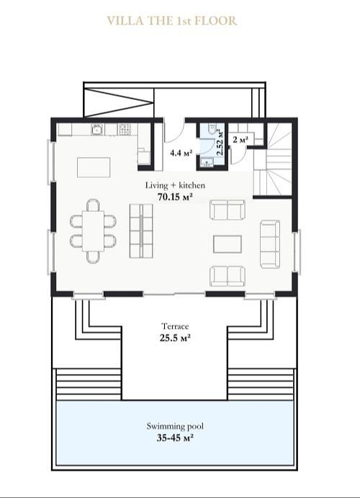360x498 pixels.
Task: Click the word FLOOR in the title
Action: (x=215, y=21)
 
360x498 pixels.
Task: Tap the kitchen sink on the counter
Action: (x=97, y=130)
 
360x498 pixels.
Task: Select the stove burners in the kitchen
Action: (x=124, y=129)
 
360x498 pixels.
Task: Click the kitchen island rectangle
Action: (x=94, y=167)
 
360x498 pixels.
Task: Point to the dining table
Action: (x=93, y=231)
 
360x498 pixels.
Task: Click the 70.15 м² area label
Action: (x=176, y=197)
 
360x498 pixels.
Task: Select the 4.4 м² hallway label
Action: (x=181, y=153)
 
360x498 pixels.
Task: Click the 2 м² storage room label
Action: (x=240, y=139)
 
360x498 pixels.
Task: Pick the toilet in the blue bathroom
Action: (x=212, y=128)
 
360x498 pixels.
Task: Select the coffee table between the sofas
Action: (x=227, y=244)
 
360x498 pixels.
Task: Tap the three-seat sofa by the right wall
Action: (x=270, y=244)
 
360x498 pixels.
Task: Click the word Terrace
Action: (x=175, y=326)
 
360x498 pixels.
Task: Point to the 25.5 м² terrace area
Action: (x=175, y=337)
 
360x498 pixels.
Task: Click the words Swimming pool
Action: (x=175, y=426)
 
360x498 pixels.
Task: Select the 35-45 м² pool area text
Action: (x=175, y=438)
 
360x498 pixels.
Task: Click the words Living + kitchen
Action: (x=175, y=185)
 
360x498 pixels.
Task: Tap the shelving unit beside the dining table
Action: (x=141, y=231)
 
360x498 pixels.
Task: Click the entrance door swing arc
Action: (x=176, y=135)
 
